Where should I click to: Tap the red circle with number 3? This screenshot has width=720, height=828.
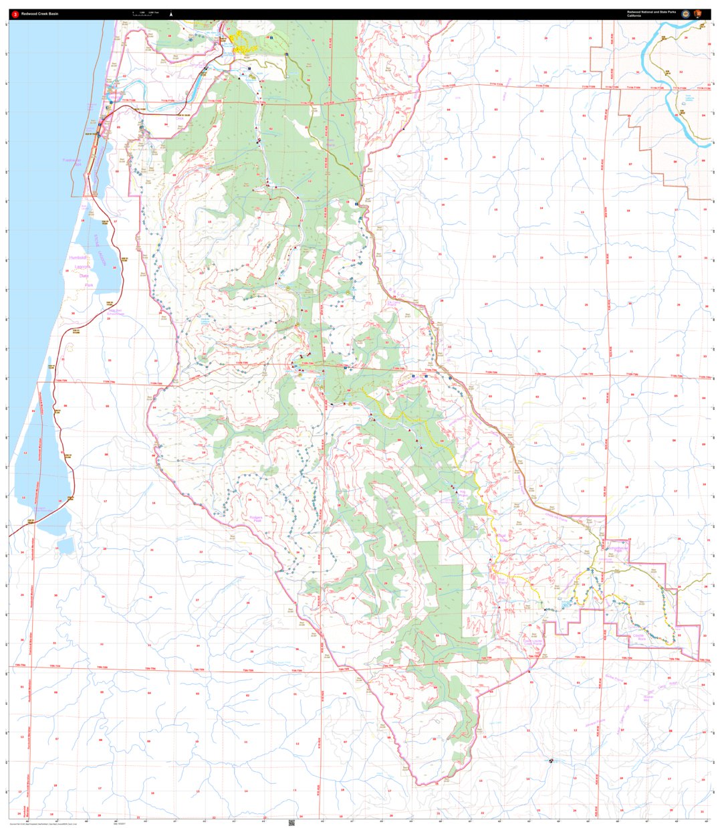[x=15, y=13]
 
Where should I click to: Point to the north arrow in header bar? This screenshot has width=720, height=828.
[x=171, y=13]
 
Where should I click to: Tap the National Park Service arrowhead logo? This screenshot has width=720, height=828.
[x=698, y=13]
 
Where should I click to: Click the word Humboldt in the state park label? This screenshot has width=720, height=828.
[x=80, y=257]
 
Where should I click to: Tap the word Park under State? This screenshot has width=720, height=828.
[x=88, y=285]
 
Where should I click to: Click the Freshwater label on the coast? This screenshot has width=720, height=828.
[x=72, y=161]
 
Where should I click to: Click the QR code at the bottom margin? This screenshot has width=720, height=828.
[x=292, y=822]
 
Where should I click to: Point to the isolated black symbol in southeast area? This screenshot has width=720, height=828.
[x=550, y=760]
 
